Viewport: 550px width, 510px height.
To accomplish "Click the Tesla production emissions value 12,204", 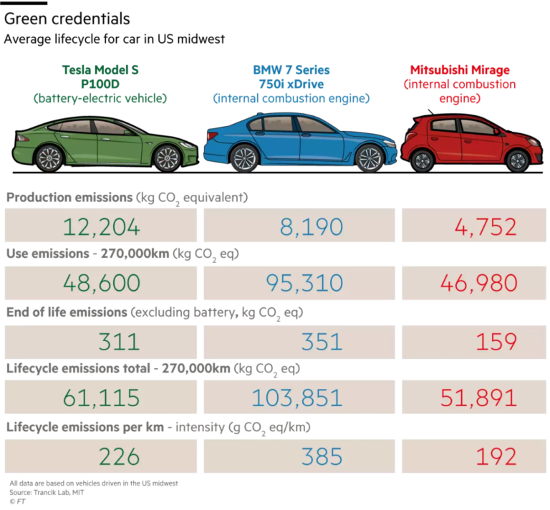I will pyautogui.click(x=101, y=227).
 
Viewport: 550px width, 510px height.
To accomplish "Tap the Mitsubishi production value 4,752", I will pyautogui.click(x=485, y=227).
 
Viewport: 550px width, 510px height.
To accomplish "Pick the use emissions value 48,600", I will pyautogui.click(x=101, y=283).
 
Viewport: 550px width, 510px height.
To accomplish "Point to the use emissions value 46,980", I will pyautogui.click(x=479, y=283).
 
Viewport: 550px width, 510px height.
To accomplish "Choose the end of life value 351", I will pyautogui.click(x=322, y=341).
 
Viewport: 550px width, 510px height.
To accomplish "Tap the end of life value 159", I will pyautogui.click(x=496, y=341).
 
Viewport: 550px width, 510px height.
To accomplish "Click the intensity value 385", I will pyautogui.click(x=322, y=456).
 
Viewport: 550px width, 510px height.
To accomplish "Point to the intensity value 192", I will pyautogui.click(x=496, y=456).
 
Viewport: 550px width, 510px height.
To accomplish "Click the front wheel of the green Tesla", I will pyautogui.click(x=167, y=158).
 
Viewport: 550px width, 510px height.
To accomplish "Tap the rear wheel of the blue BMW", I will pyautogui.click(x=244, y=158).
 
